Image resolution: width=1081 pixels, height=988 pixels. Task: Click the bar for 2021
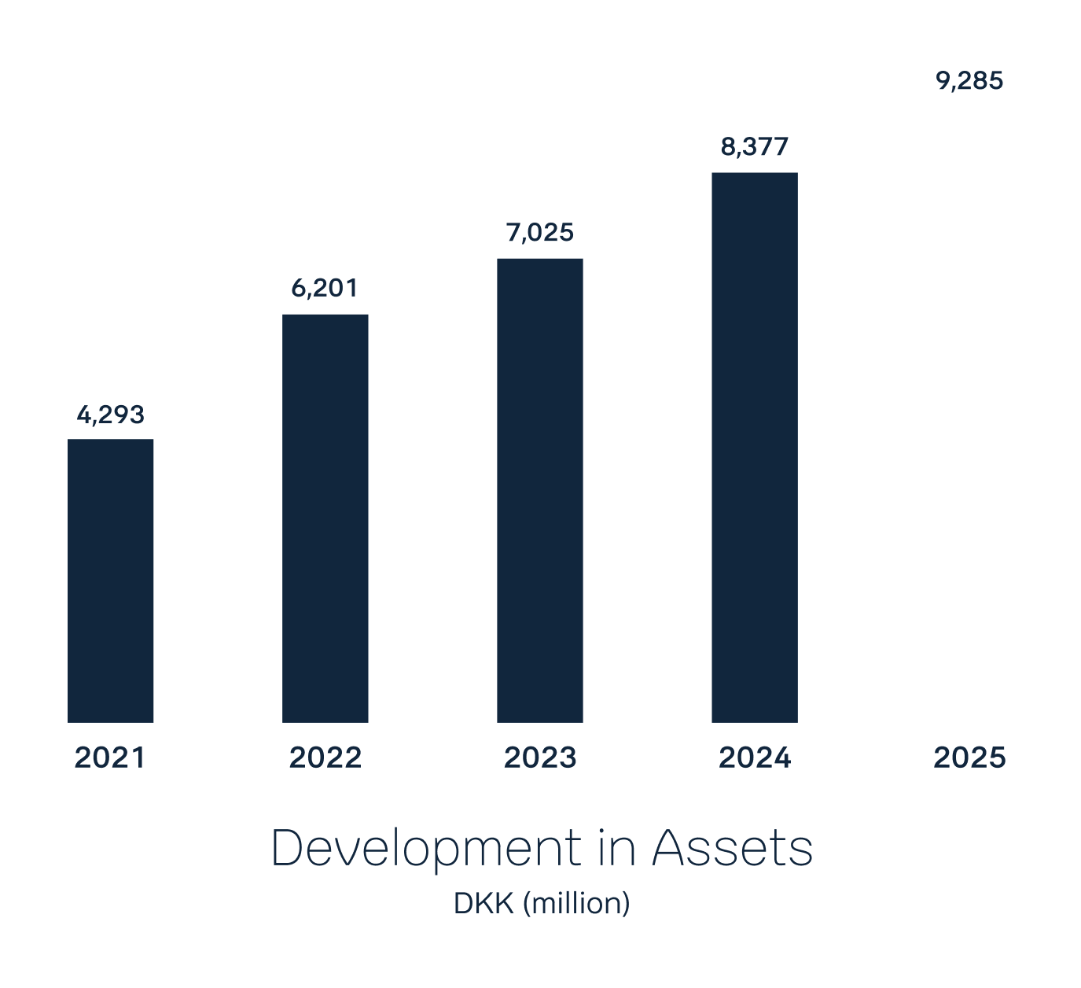pos(111,581)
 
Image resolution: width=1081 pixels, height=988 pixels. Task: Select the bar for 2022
pos(325,518)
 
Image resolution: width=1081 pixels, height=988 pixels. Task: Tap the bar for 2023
pos(540,490)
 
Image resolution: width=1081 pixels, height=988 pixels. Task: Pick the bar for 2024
pos(755,448)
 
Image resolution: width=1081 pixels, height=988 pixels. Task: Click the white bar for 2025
pos(969,415)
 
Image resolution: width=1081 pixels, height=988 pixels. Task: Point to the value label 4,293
pos(111,415)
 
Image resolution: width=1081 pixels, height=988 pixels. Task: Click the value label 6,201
pos(325,289)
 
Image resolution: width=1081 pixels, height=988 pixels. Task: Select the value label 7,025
pos(540,233)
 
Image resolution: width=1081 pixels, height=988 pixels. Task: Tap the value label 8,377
pos(755,147)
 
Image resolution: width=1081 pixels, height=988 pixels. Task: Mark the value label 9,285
pos(969,81)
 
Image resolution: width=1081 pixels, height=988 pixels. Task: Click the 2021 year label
pos(110,758)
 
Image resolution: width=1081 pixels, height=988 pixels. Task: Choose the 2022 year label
pos(325,758)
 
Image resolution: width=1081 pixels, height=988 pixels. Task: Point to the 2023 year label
pos(540,758)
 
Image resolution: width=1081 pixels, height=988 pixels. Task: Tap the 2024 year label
pos(755,758)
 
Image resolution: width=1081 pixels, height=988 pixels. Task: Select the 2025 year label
pos(969,758)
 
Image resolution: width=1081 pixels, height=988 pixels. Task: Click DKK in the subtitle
pos(484,903)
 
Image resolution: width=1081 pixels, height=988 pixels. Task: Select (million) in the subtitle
pos(576,903)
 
